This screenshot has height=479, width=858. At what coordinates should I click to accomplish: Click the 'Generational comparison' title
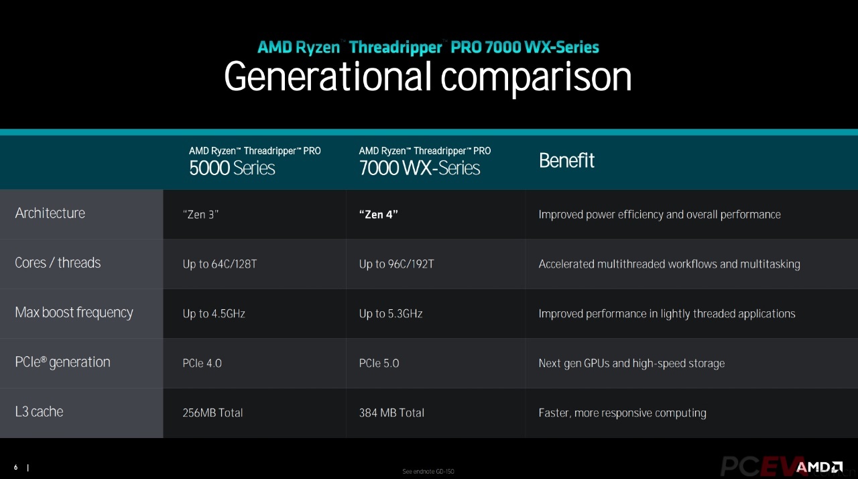click(x=428, y=77)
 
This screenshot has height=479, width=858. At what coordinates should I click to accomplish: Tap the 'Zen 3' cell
click(x=201, y=215)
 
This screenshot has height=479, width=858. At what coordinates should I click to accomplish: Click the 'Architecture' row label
click(x=50, y=213)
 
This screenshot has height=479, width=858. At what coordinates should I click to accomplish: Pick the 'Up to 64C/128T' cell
click(x=220, y=264)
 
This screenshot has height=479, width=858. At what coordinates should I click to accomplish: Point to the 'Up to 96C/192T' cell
click(x=396, y=264)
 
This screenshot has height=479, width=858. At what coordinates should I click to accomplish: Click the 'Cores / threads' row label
click(x=58, y=263)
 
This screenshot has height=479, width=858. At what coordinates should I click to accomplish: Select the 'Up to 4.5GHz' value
click(x=214, y=314)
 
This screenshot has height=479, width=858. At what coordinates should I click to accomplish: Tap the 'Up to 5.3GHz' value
click(x=391, y=314)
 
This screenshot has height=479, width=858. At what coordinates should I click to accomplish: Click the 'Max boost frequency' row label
click(x=74, y=313)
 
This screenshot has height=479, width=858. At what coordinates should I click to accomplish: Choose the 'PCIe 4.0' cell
click(x=202, y=364)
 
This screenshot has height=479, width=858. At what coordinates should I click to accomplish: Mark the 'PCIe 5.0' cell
click(x=379, y=364)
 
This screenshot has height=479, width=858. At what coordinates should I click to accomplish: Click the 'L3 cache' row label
click(x=39, y=412)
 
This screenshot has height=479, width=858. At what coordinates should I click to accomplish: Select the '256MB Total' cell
click(x=212, y=413)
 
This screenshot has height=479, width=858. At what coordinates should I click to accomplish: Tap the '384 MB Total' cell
click(x=391, y=413)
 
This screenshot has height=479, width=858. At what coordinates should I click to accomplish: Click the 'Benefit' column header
click(x=566, y=161)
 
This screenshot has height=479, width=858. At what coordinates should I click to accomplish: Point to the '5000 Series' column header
click(x=232, y=168)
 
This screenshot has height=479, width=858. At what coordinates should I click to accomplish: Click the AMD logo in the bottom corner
click(x=819, y=467)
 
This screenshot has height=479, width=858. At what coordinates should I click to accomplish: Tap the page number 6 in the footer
click(x=15, y=467)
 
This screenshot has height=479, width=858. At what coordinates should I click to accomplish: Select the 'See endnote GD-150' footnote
click(x=428, y=472)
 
